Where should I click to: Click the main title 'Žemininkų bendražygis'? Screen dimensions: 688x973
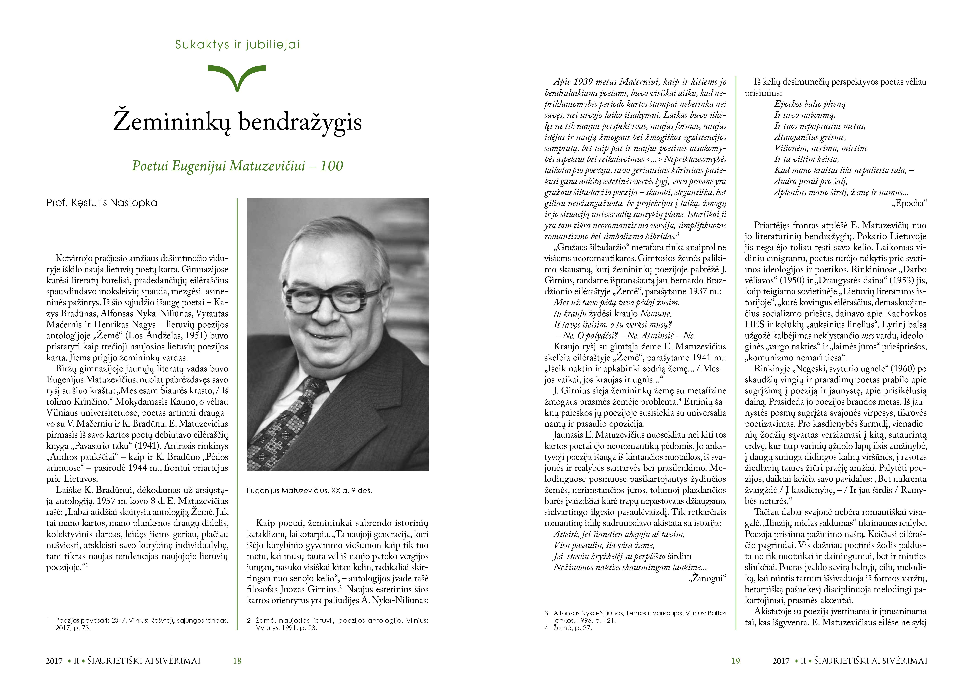pyautogui.click(x=237, y=122)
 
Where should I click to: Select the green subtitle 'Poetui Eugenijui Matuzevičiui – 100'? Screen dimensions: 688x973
pyautogui.click(x=237, y=166)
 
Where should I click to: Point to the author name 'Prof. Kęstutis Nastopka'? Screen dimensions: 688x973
pyautogui.click(x=102, y=203)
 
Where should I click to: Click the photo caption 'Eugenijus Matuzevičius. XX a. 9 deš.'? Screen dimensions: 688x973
pyautogui.click(x=309, y=491)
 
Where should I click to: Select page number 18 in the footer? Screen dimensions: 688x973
pyautogui.click(x=237, y=661)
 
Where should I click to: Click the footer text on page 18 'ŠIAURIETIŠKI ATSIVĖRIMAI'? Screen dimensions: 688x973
pyautogui.click(x=144, y=661)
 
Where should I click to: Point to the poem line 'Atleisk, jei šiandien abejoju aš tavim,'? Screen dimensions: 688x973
pyautogui.click(x=619, y=534)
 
